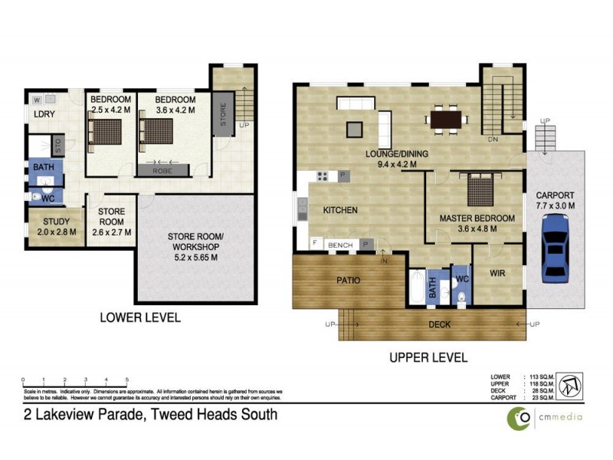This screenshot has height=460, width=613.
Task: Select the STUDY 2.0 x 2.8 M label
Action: (55, 227)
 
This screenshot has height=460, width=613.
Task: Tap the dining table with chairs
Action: (447, 120)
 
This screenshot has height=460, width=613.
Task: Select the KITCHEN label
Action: (341, 210)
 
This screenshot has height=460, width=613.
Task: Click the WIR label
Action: (500, 272)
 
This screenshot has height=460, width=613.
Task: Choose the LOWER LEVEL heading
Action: (141, 317)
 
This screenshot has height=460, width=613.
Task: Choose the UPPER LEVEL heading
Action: (428, 357)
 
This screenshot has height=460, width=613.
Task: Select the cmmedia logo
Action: (544, 416)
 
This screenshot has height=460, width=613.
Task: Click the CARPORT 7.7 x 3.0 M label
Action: (556, 200)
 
